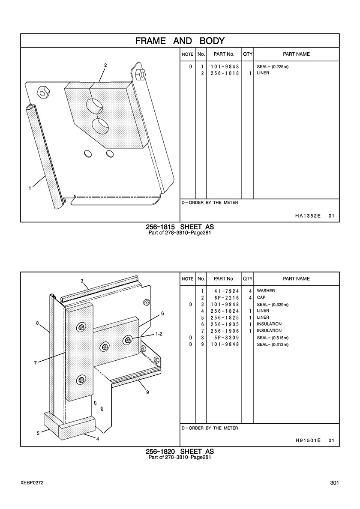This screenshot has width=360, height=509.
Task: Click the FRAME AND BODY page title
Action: pyautogui.click(x=180, y=41)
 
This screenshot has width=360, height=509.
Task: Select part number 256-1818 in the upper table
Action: pyautogui.click(x=225, y=73)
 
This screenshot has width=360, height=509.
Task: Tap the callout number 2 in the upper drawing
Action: pyautogui.click(x=105, y=66)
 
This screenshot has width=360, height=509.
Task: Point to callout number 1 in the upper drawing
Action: pyautogui.click(x=30, y=188)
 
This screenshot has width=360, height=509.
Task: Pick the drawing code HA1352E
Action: pyautogui.click(x=308, y=216)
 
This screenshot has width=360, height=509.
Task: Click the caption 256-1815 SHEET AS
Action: pyautogui.click(x=180, y=227)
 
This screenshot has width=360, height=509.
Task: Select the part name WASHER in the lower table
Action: pyautogui.click(x=266, y=291)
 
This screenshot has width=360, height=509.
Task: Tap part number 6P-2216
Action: pyautogui.click(x=225, y=298)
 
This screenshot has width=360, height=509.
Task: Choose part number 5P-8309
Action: pyautogui.click(x=225, y=338)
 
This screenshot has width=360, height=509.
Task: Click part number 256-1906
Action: pyautogui.click(x=225, y=331)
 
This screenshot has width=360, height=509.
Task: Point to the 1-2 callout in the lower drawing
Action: pyautogui.click(x=159, y=333)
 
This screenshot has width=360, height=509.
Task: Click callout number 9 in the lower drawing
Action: pyautogui.click(x=147, y=391)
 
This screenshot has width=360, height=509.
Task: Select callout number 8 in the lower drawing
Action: pyautogui.click(x=38, y=323)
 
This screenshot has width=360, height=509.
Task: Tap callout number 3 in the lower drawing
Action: pyautogui.click(x=81, y=281)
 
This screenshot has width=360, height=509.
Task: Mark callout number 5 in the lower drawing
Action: pyautogui.click(x=38, y=433)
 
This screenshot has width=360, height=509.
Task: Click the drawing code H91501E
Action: pyautogui.click(x=308, y=440)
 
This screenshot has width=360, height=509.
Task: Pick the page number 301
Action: pyautogui.click(x=335, y=483)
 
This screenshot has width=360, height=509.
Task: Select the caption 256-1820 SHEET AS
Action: pyautogui.click(x=180, y=452)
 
